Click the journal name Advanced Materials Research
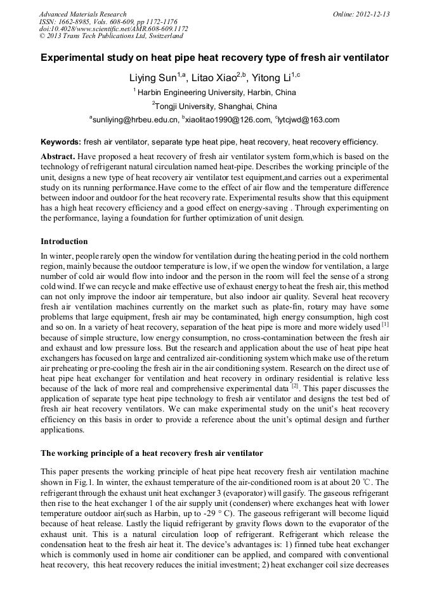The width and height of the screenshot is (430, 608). (82, 14)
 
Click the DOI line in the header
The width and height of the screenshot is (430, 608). (114, 29)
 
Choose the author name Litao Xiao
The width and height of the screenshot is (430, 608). (215, 78)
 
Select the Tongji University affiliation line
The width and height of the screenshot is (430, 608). (216, 106)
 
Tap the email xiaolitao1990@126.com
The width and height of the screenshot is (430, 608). (228, 119)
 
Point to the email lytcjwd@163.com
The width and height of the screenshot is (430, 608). (308, 119)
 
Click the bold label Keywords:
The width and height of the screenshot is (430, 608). (61, 142)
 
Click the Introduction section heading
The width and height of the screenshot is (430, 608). (64, 242)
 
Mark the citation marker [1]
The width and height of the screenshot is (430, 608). (384, 324)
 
